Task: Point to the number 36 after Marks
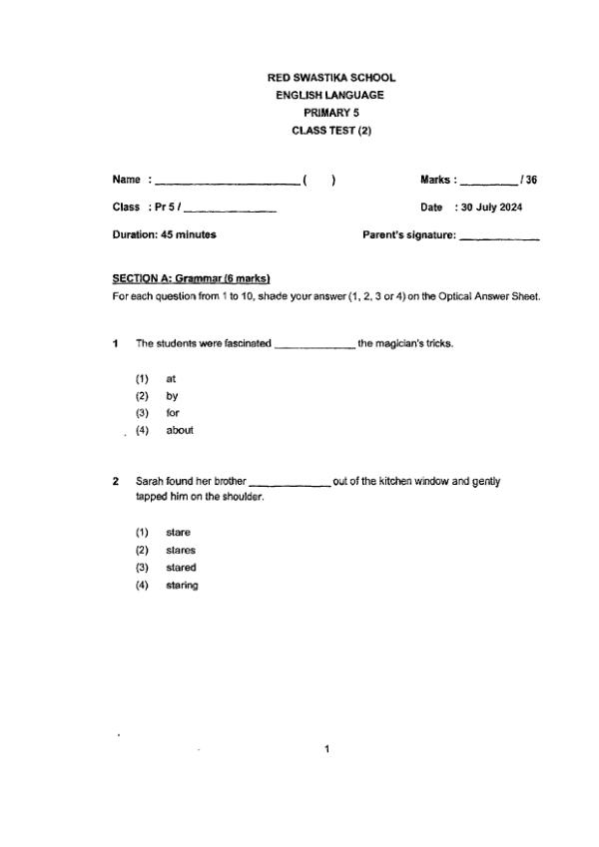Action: click(531, 181)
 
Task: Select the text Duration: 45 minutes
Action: click(165, 235)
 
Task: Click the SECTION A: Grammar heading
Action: click(192, 278)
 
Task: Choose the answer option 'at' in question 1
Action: click(171, 379)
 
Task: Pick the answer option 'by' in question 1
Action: click(172, 396)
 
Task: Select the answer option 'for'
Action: click(173, 413)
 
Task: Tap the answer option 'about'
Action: click(180, 430)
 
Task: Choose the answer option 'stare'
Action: click(178, 533)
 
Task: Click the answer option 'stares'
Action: click(181, 550)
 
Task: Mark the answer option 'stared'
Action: click(181, 568)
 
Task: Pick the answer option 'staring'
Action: click(182, 586)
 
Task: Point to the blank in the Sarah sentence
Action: click(290, 482)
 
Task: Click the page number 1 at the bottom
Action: click(326, 748)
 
